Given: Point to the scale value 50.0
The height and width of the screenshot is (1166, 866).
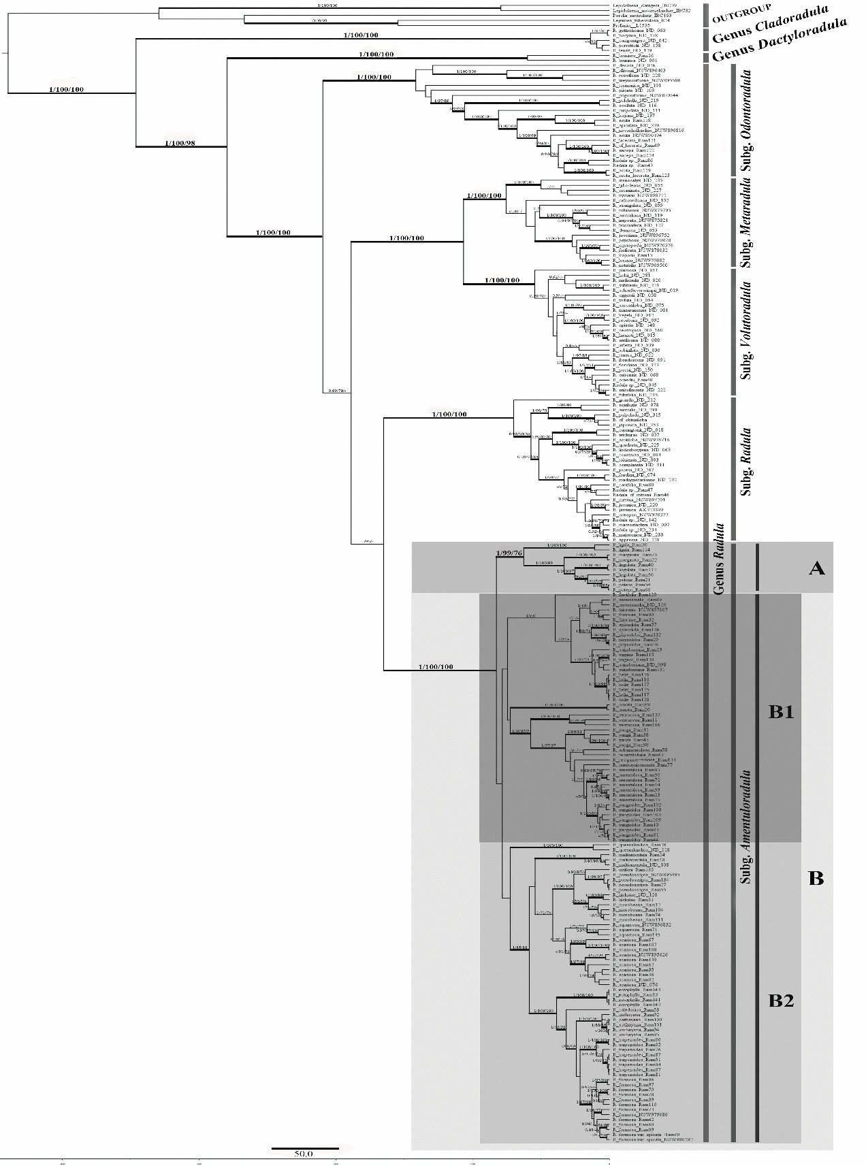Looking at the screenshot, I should tap(304, 1154).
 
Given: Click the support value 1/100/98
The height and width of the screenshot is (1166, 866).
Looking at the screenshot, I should tap(180, 143).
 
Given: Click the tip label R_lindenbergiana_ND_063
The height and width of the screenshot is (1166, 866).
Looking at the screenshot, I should tap(642, 449).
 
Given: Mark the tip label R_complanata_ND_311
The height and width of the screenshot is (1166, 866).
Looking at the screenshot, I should tap(637, 465).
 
